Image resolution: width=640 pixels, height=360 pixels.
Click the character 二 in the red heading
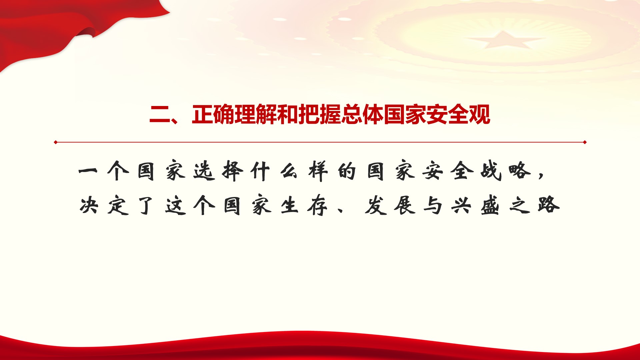click(160, 115)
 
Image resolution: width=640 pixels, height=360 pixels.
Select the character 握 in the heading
click(330, 115)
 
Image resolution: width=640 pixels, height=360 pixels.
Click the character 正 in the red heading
click(202, 115)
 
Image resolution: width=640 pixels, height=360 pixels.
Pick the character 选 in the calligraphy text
click(204, 171)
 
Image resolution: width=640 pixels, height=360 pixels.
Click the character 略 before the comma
click(519, 171)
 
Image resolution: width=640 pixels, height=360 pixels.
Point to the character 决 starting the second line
click(89, 205)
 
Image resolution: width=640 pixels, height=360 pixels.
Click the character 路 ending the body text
click(548, 205)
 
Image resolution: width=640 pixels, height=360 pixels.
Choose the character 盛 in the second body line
click(490, 205)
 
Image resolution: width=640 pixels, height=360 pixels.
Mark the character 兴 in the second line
click(462, 205)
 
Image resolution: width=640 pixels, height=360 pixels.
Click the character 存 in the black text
click(318, 205)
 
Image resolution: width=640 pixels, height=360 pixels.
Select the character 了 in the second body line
click(146, 205)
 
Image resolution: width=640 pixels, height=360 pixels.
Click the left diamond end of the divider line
click(56, 142)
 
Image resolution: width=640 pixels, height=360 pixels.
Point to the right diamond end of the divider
click(585, 142)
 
